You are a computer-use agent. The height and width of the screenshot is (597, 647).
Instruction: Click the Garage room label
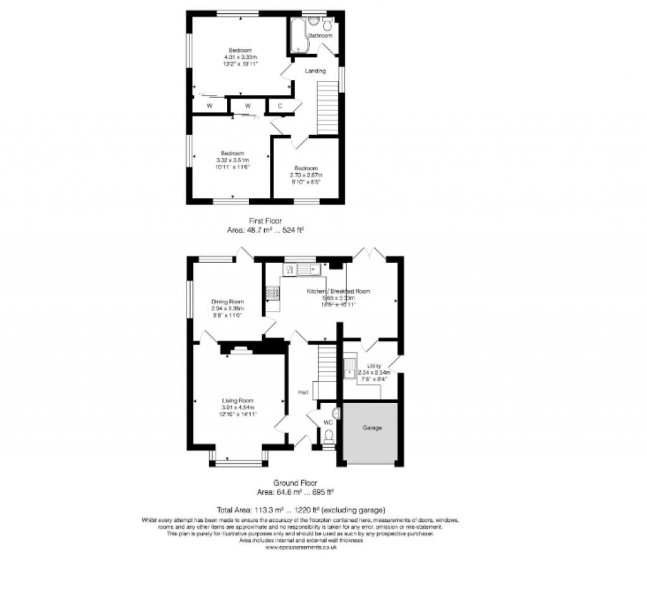(x=372, y=428)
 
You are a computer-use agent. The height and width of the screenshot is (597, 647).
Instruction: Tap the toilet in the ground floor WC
(x=328, y=435)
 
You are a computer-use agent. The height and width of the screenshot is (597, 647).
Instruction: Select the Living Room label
(x=238, y=401)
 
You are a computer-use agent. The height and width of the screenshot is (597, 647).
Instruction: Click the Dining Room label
(x=227, y=301)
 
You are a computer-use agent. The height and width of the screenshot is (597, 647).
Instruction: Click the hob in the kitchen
(x=273, y=292)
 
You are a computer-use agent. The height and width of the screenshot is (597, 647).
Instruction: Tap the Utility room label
(x=374, y=366)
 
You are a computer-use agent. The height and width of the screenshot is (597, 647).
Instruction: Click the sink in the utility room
(x=349, y=367)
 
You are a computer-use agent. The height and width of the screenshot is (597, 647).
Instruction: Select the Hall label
(x=303, y=393)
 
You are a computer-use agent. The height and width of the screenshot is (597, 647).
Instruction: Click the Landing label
(x=315, y=71)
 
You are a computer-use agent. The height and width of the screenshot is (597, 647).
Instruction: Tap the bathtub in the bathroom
(x=297, y=35)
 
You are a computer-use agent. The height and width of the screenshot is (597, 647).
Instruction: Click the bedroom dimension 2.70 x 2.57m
(x=306, y=175)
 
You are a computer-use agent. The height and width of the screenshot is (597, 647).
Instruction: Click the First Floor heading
(x=265, y=220)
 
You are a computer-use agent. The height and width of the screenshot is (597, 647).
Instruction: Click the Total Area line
(x=301, y=510)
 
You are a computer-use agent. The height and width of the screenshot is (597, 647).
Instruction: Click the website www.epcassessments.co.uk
(x=301, y=547)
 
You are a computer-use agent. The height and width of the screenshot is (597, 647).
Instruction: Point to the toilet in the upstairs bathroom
(x=327, y=25)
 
